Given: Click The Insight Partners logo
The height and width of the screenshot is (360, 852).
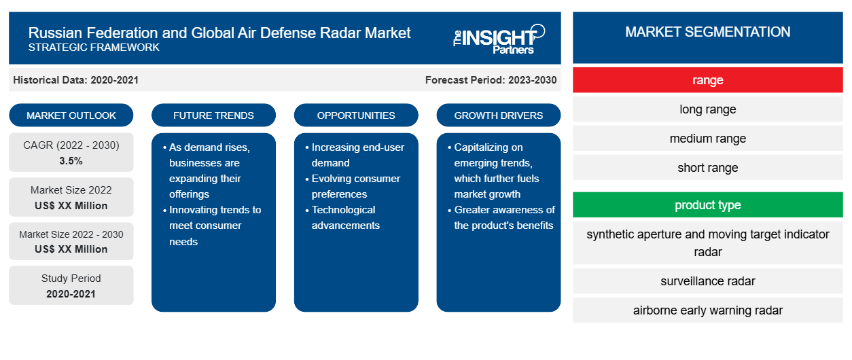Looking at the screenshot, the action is pyautogui.click(x=499, y=39).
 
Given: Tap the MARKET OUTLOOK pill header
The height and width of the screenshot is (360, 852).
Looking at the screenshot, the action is pyautogui.click(x=71, y=115).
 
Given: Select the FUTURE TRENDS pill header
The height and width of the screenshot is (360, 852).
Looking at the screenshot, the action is pyautogui.click(x=213, y=115).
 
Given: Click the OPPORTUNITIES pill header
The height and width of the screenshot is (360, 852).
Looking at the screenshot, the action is pyautogui.click(x=356, y=115).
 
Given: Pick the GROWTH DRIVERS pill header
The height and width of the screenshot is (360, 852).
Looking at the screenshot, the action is pyautogui.click(x=498, y=115).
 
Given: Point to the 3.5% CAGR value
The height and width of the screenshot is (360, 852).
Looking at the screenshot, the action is pyautogui.click(x=71, y=161).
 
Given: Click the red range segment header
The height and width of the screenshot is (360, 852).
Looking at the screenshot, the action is pyautogui.click(x=707, y=80).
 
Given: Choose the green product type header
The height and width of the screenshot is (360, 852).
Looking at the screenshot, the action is pyautogui.click(x=707, y=205).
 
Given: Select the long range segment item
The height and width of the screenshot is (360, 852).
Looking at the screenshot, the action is pyautogui.click(x=707, y=109).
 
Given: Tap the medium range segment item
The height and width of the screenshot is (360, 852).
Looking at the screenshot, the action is pyautogui.click(x=707, y=139).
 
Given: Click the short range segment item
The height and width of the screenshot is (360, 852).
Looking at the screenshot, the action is pyautogui.click(x=707, y=167).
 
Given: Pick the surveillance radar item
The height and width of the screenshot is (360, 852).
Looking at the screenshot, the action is pyautogui.click(x=707, y=281).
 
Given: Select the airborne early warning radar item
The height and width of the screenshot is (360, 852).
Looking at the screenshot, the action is pyautogui.click(x=707, y=310).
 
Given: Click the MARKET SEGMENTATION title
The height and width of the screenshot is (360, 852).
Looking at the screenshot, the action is pyautogui.click(x=707, y=32).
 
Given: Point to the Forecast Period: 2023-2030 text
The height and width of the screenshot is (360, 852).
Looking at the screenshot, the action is pyautogui.click(x=491, y=80).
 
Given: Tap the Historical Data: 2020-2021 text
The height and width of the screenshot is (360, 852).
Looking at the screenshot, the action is pyautogui.click(x=75, y=80).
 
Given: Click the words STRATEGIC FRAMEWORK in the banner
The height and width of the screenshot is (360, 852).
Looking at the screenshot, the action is pyautogui.click(x=94, y=48).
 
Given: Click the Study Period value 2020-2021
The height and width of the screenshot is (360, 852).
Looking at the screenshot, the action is pyautogui.click(x=71, y=294).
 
